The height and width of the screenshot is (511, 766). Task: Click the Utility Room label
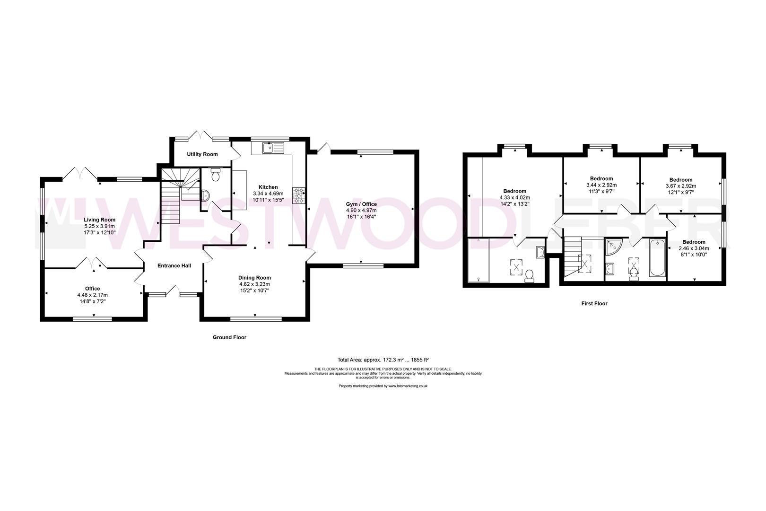[x=202, y=154]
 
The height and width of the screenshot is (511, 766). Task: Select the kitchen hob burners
[x=299, y=195]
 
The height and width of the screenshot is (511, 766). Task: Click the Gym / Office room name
[x=361, y=204]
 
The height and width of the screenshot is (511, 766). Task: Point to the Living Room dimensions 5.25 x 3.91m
[x=99, y=226]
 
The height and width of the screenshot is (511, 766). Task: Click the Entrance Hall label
[x=174, y=266]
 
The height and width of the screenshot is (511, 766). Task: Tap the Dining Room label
[x=254, y=278]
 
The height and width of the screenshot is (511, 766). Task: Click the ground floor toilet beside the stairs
[x=216, y=176]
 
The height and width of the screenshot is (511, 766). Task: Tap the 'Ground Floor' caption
[x=229, y=337]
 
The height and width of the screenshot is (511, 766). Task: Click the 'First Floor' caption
[x=594, y=304]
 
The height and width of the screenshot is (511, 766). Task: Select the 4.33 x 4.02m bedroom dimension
[x=514, y=198]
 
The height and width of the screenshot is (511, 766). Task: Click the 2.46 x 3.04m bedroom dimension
[x=694, y=248]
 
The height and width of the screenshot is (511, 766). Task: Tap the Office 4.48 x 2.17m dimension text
[x=92, y=295]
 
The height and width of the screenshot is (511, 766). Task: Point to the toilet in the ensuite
[x=530, y=274]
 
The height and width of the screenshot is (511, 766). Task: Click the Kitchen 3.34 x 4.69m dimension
[x=268, y=194]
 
